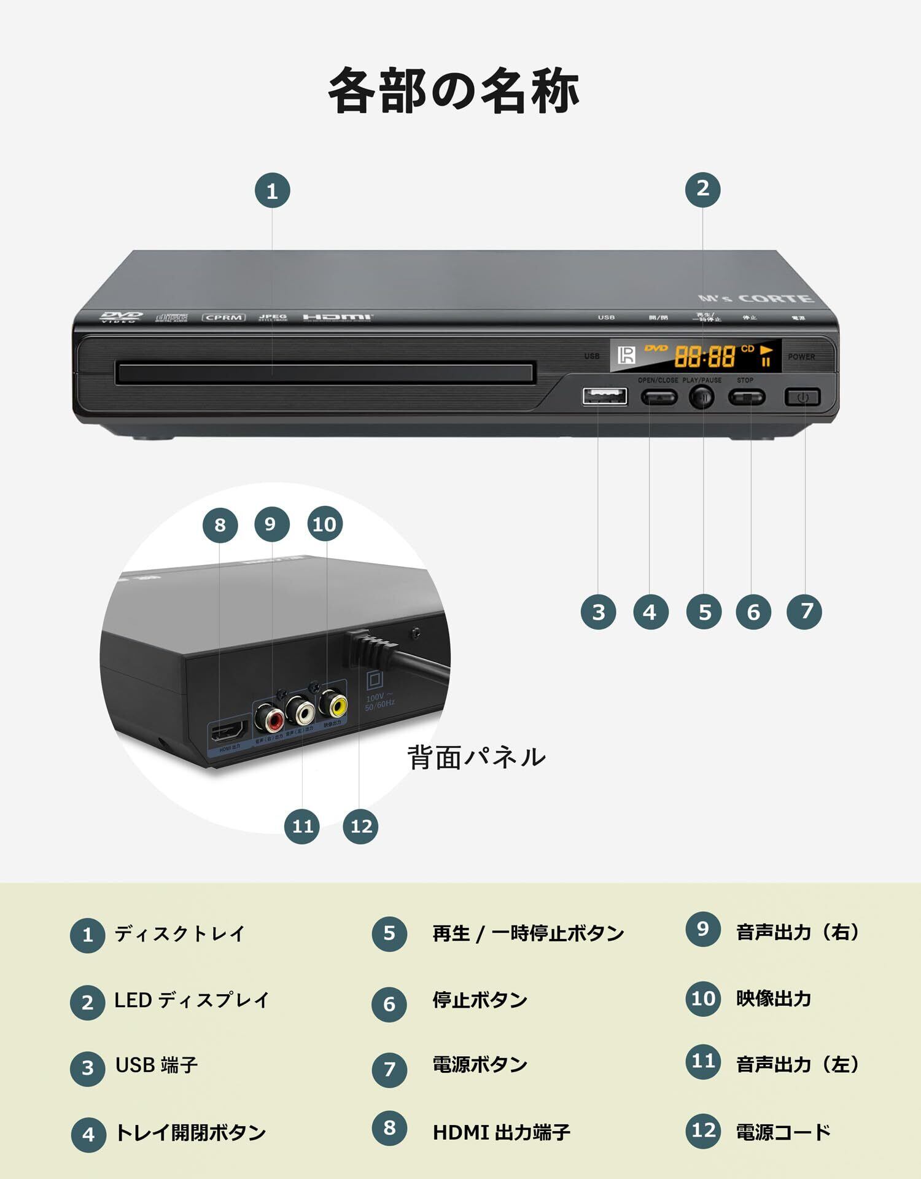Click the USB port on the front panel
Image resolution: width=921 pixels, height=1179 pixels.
click(605, 396)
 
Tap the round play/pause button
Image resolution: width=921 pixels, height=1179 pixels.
click(702, 397)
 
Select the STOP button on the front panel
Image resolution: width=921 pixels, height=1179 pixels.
click(747, 397)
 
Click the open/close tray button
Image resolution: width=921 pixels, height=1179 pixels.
click(659, 397)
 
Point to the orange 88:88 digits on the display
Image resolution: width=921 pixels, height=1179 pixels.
click(705, 356)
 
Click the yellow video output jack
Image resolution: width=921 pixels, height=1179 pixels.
click(337, 706)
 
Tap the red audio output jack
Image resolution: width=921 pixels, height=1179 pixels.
click(270, 717)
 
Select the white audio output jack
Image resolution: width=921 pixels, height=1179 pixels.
click(303, 712)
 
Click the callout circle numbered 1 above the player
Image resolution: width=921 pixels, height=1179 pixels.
click(272, 191)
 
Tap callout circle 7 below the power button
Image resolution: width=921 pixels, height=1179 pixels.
click(804, 611)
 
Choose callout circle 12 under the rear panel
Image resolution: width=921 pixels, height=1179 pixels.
click(360, 826)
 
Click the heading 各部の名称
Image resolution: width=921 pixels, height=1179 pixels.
click(454, 91)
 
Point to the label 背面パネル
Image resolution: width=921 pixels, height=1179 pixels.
click(476, 757)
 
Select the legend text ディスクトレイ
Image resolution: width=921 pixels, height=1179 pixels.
click(179, 934)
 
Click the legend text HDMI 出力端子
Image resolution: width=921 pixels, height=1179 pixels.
click(501, 1132)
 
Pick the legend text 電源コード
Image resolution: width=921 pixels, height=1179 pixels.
click(783, 1131)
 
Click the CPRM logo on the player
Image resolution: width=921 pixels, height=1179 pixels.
click(224, 317)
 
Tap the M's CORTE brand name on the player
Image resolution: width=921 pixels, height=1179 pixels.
click(756, 298)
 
